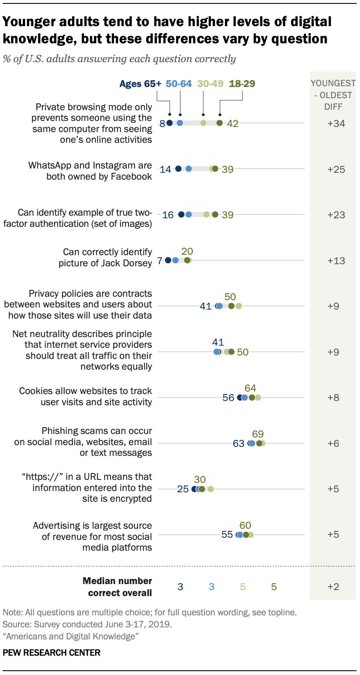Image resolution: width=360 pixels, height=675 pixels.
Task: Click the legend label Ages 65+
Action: click(x=140, y=84)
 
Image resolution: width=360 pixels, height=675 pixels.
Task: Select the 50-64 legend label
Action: click(x=179, y=84)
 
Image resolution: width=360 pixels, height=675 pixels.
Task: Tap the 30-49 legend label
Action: click(x=210, y=84)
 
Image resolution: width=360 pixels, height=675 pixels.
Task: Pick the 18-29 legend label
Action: click(x=242, y=84)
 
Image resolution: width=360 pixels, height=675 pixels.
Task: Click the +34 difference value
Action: click(x=336, y=124)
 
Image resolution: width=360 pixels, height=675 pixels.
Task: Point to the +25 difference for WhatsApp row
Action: click(x=336, y=169)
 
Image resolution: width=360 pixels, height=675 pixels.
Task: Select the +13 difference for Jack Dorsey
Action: click(x=336, y=261)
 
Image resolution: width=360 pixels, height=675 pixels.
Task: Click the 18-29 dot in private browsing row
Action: click(x=219, y=123)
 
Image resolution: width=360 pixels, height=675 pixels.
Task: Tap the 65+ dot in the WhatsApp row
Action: click(x=178, y=169)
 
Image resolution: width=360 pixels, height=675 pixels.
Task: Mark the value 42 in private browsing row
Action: click(x=233, y=124)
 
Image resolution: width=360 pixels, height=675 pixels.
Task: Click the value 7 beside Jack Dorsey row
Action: click(x=159, y=261)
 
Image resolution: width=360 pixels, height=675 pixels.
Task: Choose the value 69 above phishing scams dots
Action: click(x=258, y=434)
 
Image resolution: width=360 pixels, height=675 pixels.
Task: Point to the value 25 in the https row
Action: click(x=183, y=489)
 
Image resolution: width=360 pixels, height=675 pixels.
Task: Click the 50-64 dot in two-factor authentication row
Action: click(x=189, y=214)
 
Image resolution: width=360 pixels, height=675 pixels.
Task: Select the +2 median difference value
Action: click(x=333, y=587)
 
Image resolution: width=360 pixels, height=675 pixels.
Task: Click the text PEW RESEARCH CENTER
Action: click(x=51, y=653)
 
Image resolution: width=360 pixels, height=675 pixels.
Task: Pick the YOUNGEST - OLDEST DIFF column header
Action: click(x=333, y=95)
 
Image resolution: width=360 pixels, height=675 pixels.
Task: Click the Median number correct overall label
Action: click(x=117, y=587)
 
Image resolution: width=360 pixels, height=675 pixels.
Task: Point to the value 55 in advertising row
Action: click(x=227, y=535)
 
